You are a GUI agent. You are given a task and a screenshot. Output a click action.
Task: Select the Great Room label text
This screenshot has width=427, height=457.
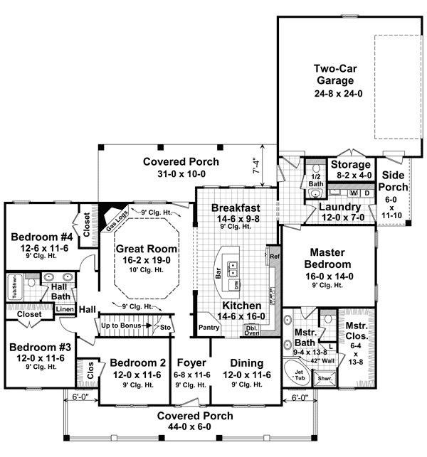(x=142, y=250)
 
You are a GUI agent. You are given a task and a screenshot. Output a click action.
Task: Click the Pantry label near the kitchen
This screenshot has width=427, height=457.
(x=209, y=328)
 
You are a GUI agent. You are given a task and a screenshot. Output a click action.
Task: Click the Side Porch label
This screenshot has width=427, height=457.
(x=395, y=182)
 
